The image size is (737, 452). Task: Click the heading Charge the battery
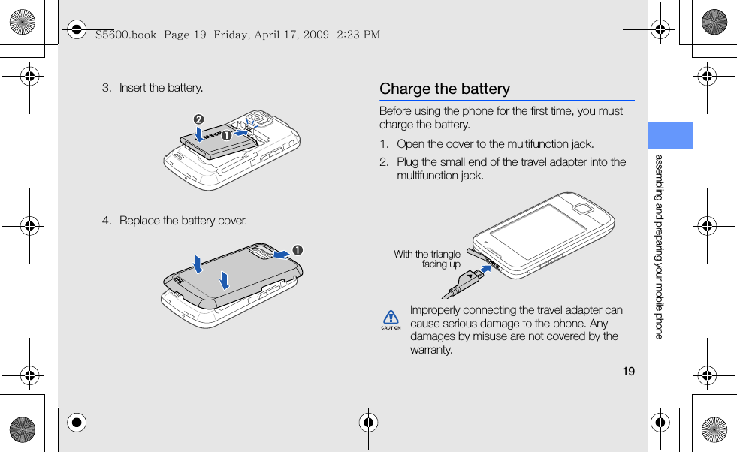tap(444, 89)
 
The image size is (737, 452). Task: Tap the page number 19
tap(629, 371)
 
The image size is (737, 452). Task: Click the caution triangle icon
tap(390, 319)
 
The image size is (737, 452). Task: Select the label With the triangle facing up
tap(427, 259)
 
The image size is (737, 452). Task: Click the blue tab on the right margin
tap(670, 135)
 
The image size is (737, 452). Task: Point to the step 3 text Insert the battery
tap(161, 88)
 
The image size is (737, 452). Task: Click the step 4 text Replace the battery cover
tap(183, 221)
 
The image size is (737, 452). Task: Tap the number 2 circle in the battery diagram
tap(199, 119)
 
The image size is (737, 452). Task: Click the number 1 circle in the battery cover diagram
tap(298, 249)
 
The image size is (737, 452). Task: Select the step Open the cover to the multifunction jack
tap(495, 144)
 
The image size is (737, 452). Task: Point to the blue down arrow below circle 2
tap(198, 133)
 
